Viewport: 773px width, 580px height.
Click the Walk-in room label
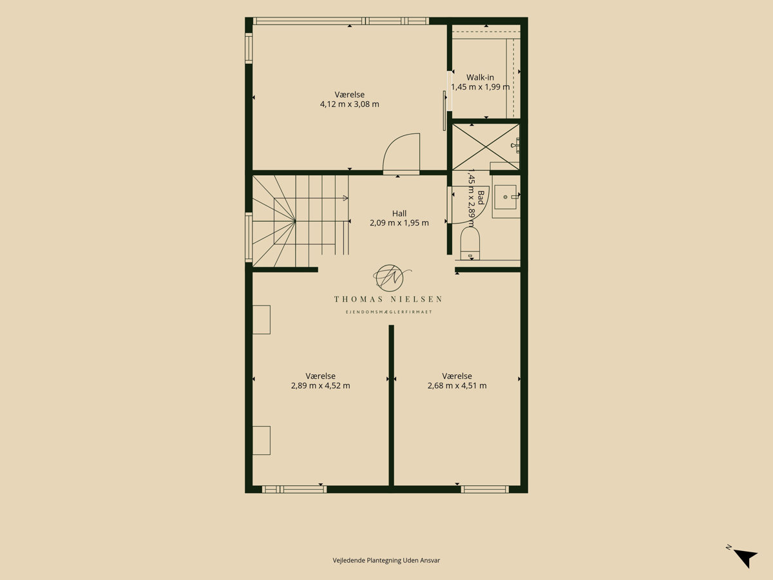coord(480,77)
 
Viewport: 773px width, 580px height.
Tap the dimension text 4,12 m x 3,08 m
coord(349,104)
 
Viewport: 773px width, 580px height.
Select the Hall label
coord(399,213)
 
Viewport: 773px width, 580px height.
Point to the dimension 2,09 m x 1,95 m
coord(399,223)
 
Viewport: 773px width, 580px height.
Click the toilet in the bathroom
coord(470,244)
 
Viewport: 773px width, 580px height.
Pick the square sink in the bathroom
coord(506,197)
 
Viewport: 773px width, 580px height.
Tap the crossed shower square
coord(486,146)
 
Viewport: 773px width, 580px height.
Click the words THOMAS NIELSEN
coord(388,299)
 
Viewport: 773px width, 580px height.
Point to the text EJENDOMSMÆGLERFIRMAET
coord(388,312)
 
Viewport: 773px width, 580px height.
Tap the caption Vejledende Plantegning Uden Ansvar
coord(386,560)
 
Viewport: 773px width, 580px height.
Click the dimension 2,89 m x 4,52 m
coord(320,385)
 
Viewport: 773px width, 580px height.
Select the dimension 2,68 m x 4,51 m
coord(457,385)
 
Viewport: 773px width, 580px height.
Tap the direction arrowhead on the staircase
coord(345,198)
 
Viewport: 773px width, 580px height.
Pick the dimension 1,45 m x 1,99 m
coord(481,87)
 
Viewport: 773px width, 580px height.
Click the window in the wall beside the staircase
coord(249,237)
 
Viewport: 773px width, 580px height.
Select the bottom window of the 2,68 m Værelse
coord(485,489)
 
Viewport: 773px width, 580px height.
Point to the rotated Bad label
coord(481,198)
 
